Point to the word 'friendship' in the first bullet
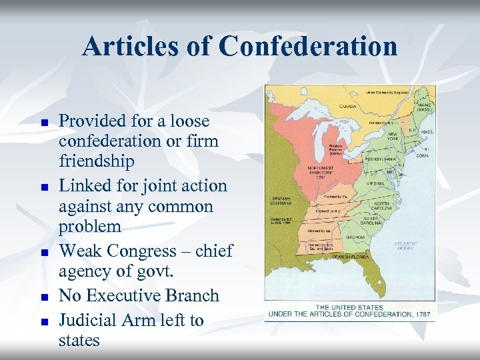[97, 161]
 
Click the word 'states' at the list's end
[79, 340]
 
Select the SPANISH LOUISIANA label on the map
[279, 199]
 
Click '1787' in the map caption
[420, 313]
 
